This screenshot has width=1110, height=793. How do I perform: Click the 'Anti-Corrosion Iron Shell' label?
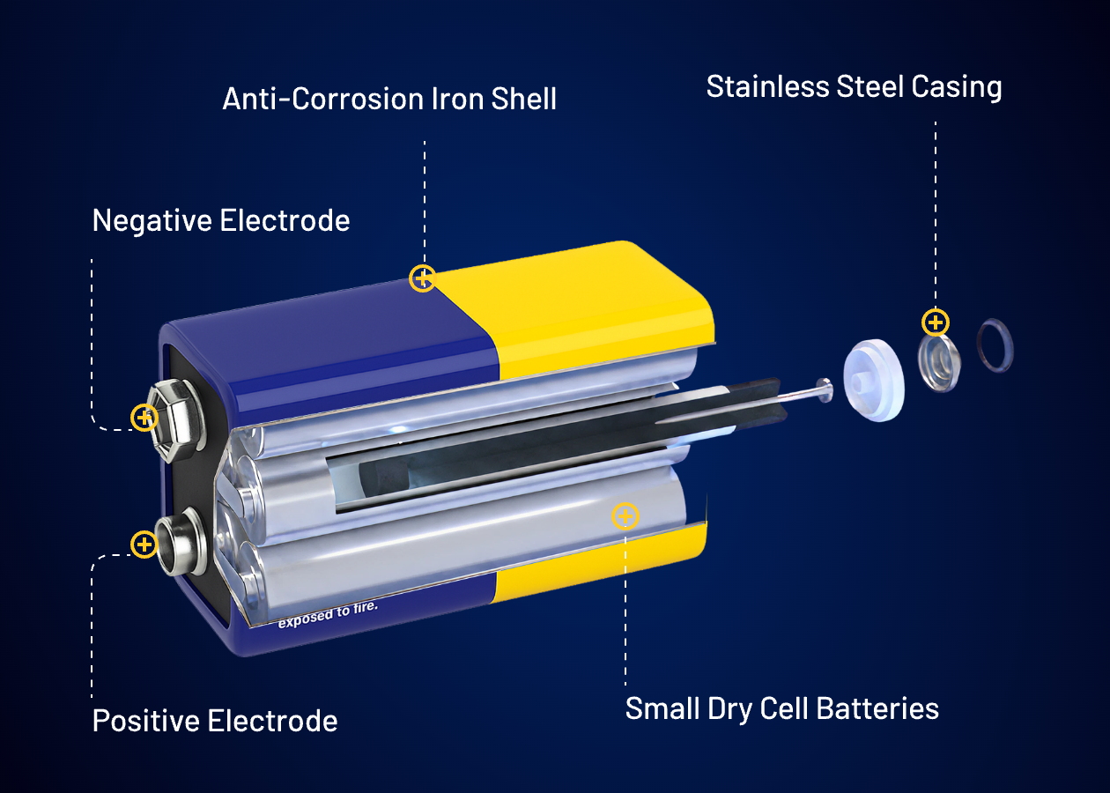[x=389, y=99]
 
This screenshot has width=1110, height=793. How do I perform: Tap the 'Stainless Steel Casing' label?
[x=854, y=88]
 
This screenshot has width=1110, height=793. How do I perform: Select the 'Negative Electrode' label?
[x=221, y=221]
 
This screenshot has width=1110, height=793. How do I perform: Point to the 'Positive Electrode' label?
[x=215, y=721]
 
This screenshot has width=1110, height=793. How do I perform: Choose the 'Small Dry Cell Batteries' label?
[x=782, y=709]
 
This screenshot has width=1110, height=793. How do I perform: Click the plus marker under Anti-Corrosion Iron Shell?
[x=422, y=278]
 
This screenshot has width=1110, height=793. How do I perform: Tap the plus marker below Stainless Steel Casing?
[x=935, y=322]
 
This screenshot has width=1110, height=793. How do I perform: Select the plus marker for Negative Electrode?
[x=144, y=418]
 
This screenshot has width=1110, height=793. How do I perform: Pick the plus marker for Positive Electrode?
[x=144, y=545]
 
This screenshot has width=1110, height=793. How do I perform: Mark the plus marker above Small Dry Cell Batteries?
[x=625, y=516]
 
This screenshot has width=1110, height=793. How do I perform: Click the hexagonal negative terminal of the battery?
[x=177, y=419]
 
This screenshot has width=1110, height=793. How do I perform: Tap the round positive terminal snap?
[x=181, y=542]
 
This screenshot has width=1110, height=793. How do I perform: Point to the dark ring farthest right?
[x=995, y=345]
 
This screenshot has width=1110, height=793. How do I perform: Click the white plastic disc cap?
[x=874, y=381]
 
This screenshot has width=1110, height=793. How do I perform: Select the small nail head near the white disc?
[x=824, y=390]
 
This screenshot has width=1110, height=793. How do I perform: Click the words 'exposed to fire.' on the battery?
[x=328, y=615]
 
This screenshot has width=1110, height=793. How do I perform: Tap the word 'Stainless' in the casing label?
[x=767, y=86]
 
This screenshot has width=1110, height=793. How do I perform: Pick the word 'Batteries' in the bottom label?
[x=877, y=708]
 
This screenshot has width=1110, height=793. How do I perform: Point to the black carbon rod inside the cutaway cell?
[x=570, y=436]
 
